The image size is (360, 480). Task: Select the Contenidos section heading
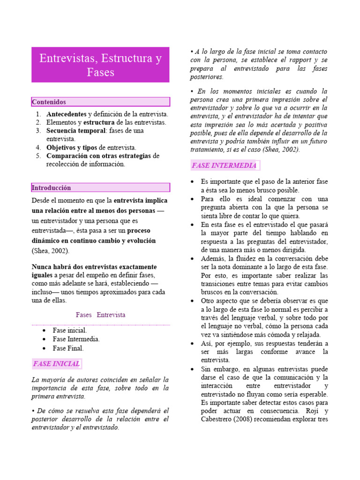coord(49,102)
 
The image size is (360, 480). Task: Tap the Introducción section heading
coord(51,188)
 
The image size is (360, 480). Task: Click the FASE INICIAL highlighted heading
coord(56,364)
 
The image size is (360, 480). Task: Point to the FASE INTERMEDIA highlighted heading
coord(224,165)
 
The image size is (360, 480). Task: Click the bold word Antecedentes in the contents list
coord(66,114)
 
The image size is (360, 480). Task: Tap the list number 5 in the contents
coord(38,156)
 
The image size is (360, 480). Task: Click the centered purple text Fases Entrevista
coord(100,315)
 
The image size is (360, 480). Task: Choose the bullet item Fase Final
coord(68,348)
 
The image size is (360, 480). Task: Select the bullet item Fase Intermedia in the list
coord(76,339)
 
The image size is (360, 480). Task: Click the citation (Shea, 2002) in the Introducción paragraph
coord(50,251)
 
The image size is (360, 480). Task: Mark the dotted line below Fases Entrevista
coord(100,324)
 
